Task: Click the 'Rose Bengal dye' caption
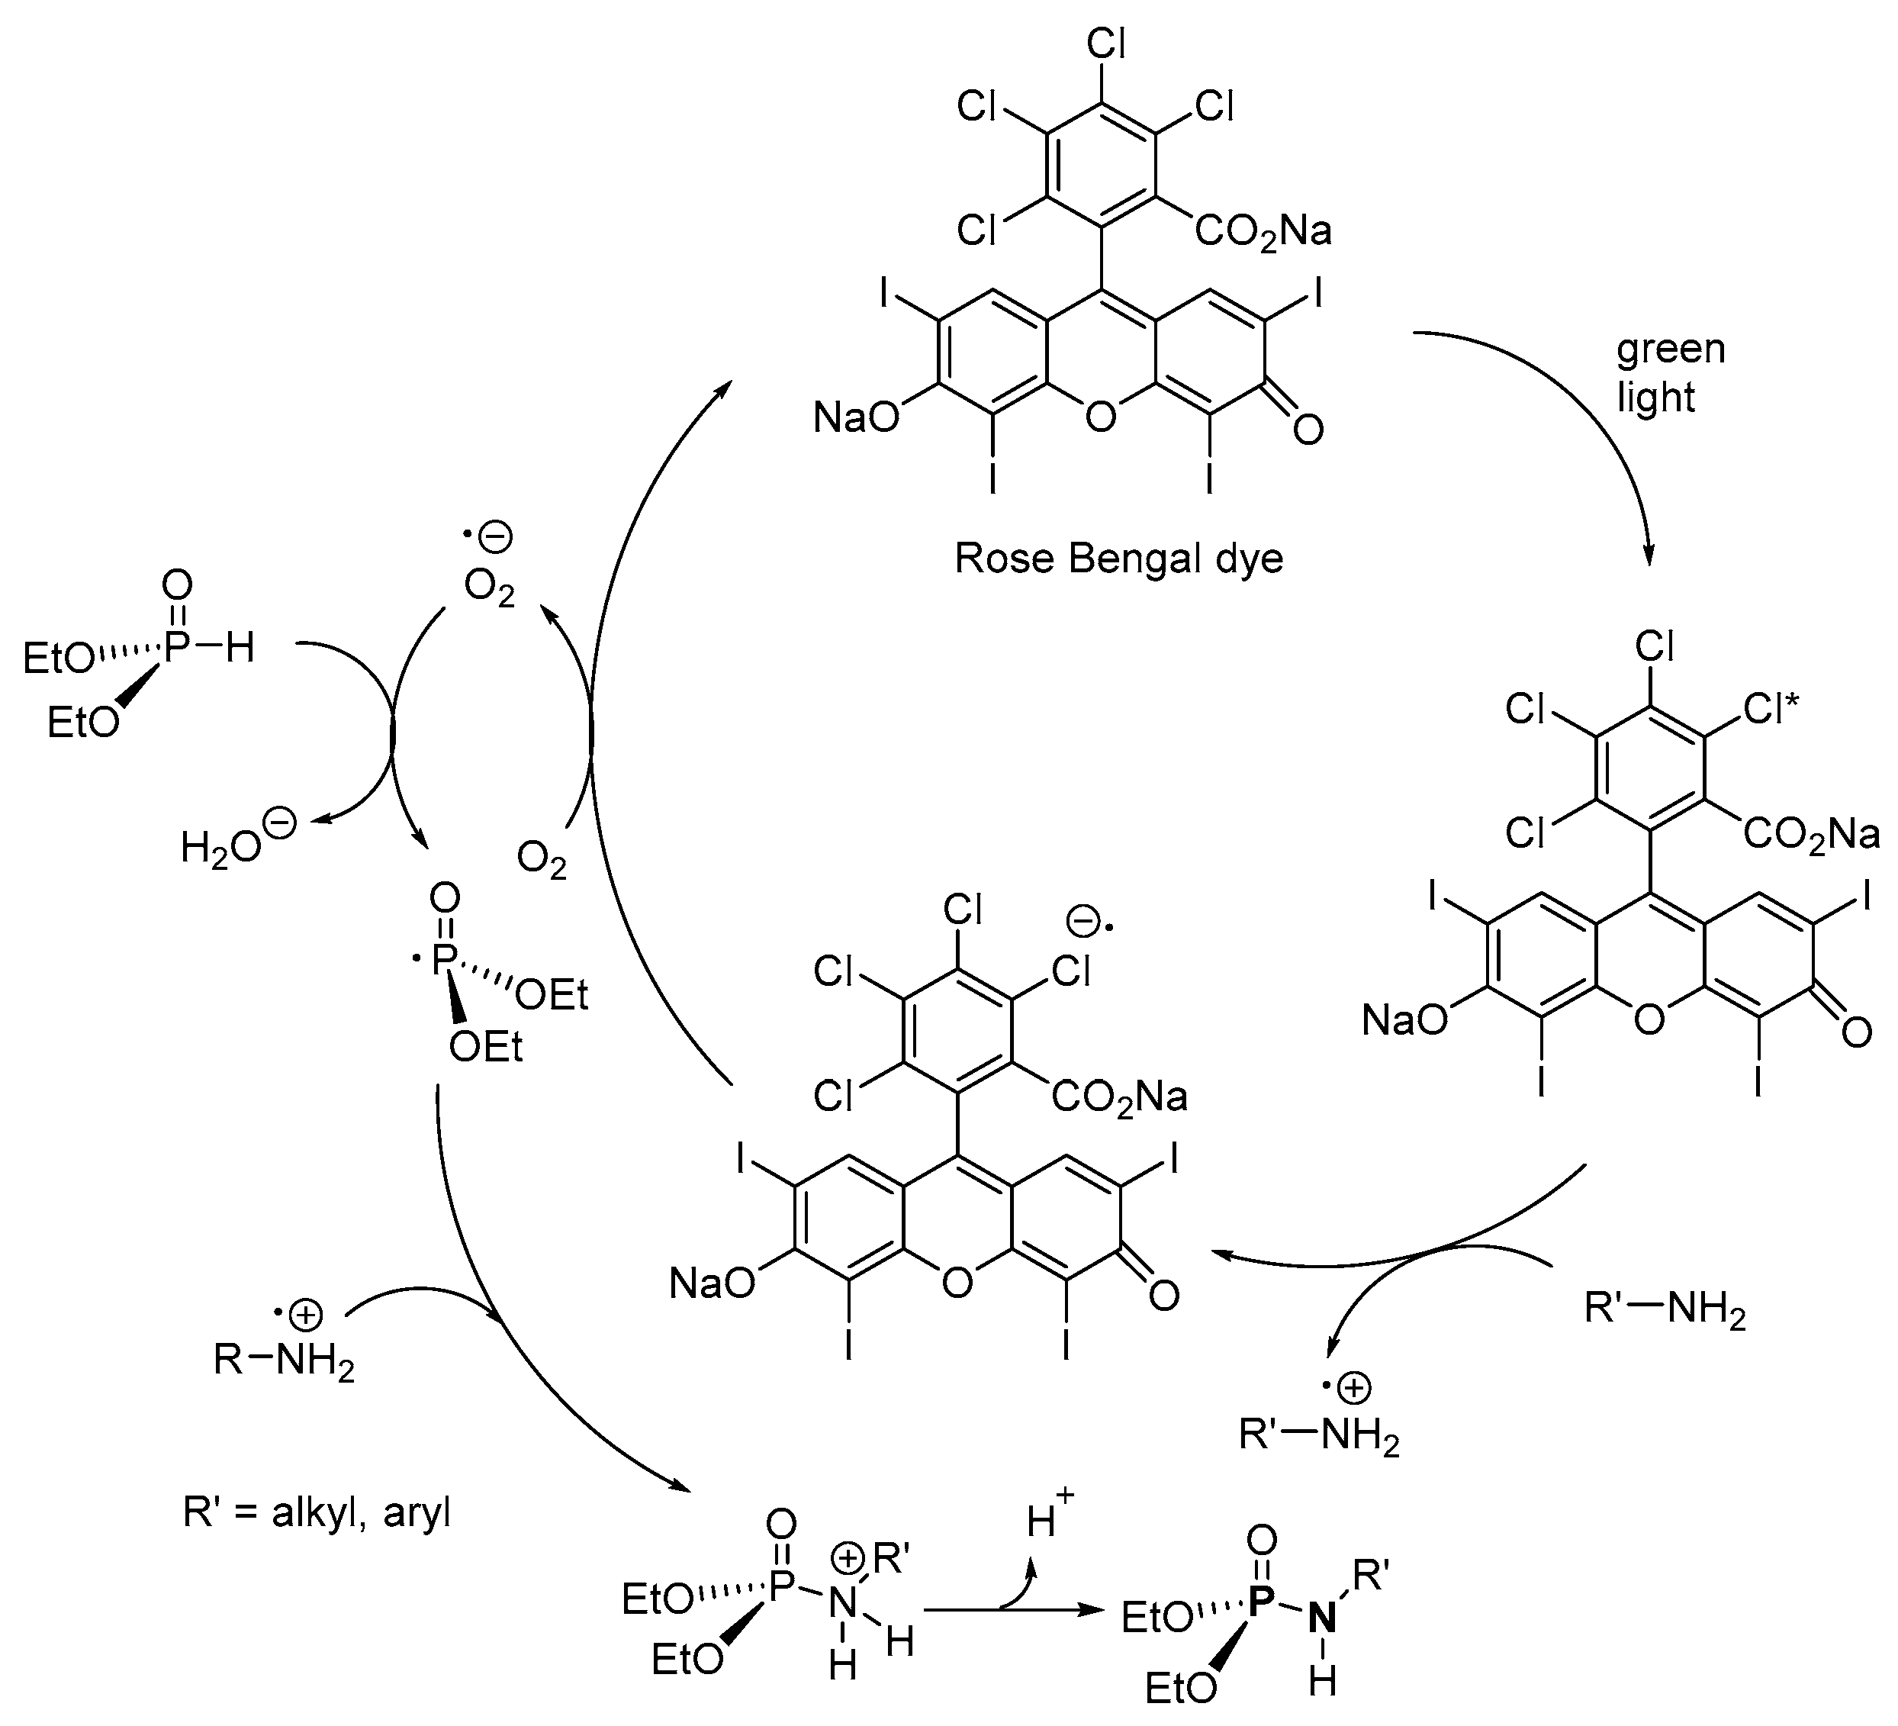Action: [1118, 559]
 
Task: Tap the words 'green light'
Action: [1669, 373]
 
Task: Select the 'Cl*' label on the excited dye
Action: [1771, 709]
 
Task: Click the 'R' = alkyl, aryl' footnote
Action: [317, 1512]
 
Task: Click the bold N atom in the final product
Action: [1322, 1618]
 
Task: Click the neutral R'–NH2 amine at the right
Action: [1665, 1311]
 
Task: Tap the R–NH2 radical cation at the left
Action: [283, 1359]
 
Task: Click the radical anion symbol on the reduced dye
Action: [1089, 922]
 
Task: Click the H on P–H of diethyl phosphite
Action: [240, 648]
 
